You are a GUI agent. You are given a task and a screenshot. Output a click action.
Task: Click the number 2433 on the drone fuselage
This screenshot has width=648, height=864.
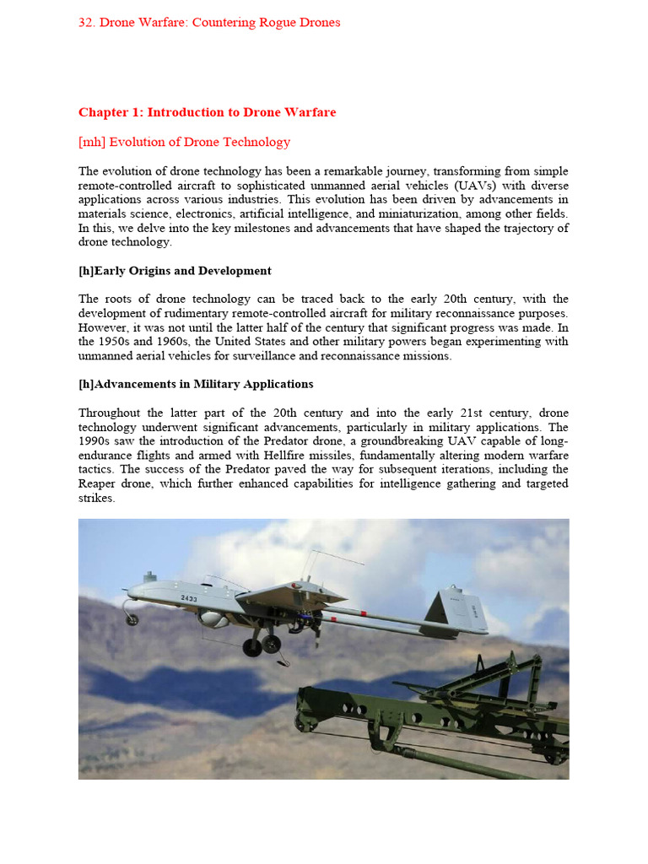pos(189,597)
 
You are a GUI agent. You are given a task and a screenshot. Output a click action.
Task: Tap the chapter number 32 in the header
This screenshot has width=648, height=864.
pos(85,23)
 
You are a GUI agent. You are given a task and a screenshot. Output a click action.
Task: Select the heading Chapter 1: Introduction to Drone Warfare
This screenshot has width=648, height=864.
pos(207,112)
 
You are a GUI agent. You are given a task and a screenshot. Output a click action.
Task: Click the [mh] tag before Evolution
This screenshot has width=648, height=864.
pos(92,142)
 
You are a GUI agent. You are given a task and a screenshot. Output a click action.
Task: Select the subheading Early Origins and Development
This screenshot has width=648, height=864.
pos(175,271)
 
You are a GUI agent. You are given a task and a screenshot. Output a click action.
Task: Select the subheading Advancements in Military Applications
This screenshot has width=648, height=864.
pos(196,384)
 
